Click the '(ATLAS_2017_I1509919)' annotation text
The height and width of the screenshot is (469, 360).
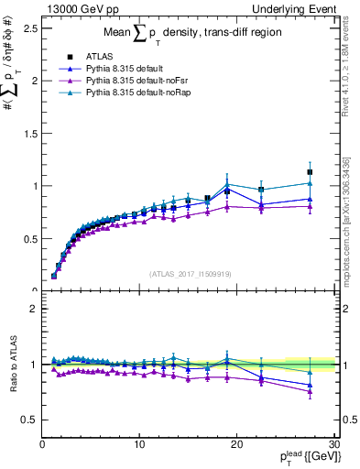pyautogui.click(x=189, y=273)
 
